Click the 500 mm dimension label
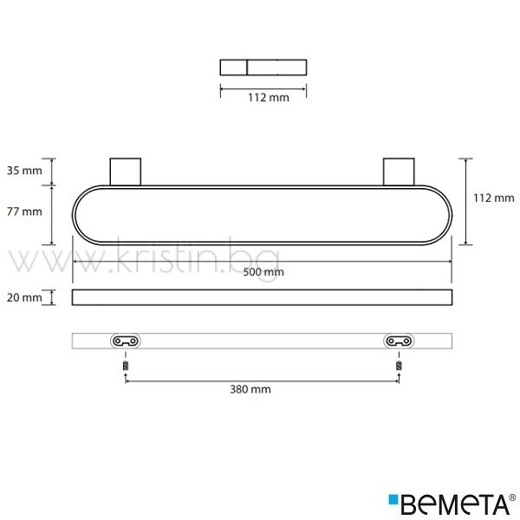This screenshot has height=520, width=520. (263, 272)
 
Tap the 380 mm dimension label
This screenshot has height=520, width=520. (250, 389)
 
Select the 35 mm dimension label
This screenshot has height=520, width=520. (24, 171)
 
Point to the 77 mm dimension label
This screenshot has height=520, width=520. (24, 211)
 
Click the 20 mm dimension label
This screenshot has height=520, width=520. (24, 297)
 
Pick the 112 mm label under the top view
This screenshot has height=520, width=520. (269, 97)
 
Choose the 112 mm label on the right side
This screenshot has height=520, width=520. (494, 198)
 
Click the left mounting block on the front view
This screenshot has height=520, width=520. (126, 172)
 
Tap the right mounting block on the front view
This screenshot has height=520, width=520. (399, 172)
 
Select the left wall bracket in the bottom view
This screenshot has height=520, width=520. (126, 341)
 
